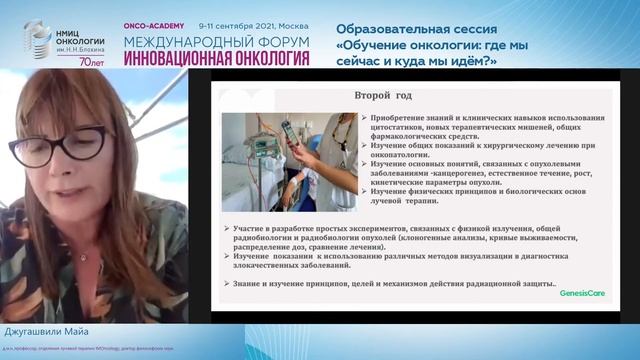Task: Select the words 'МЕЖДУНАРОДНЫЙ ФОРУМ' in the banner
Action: [x=215, y=44]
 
